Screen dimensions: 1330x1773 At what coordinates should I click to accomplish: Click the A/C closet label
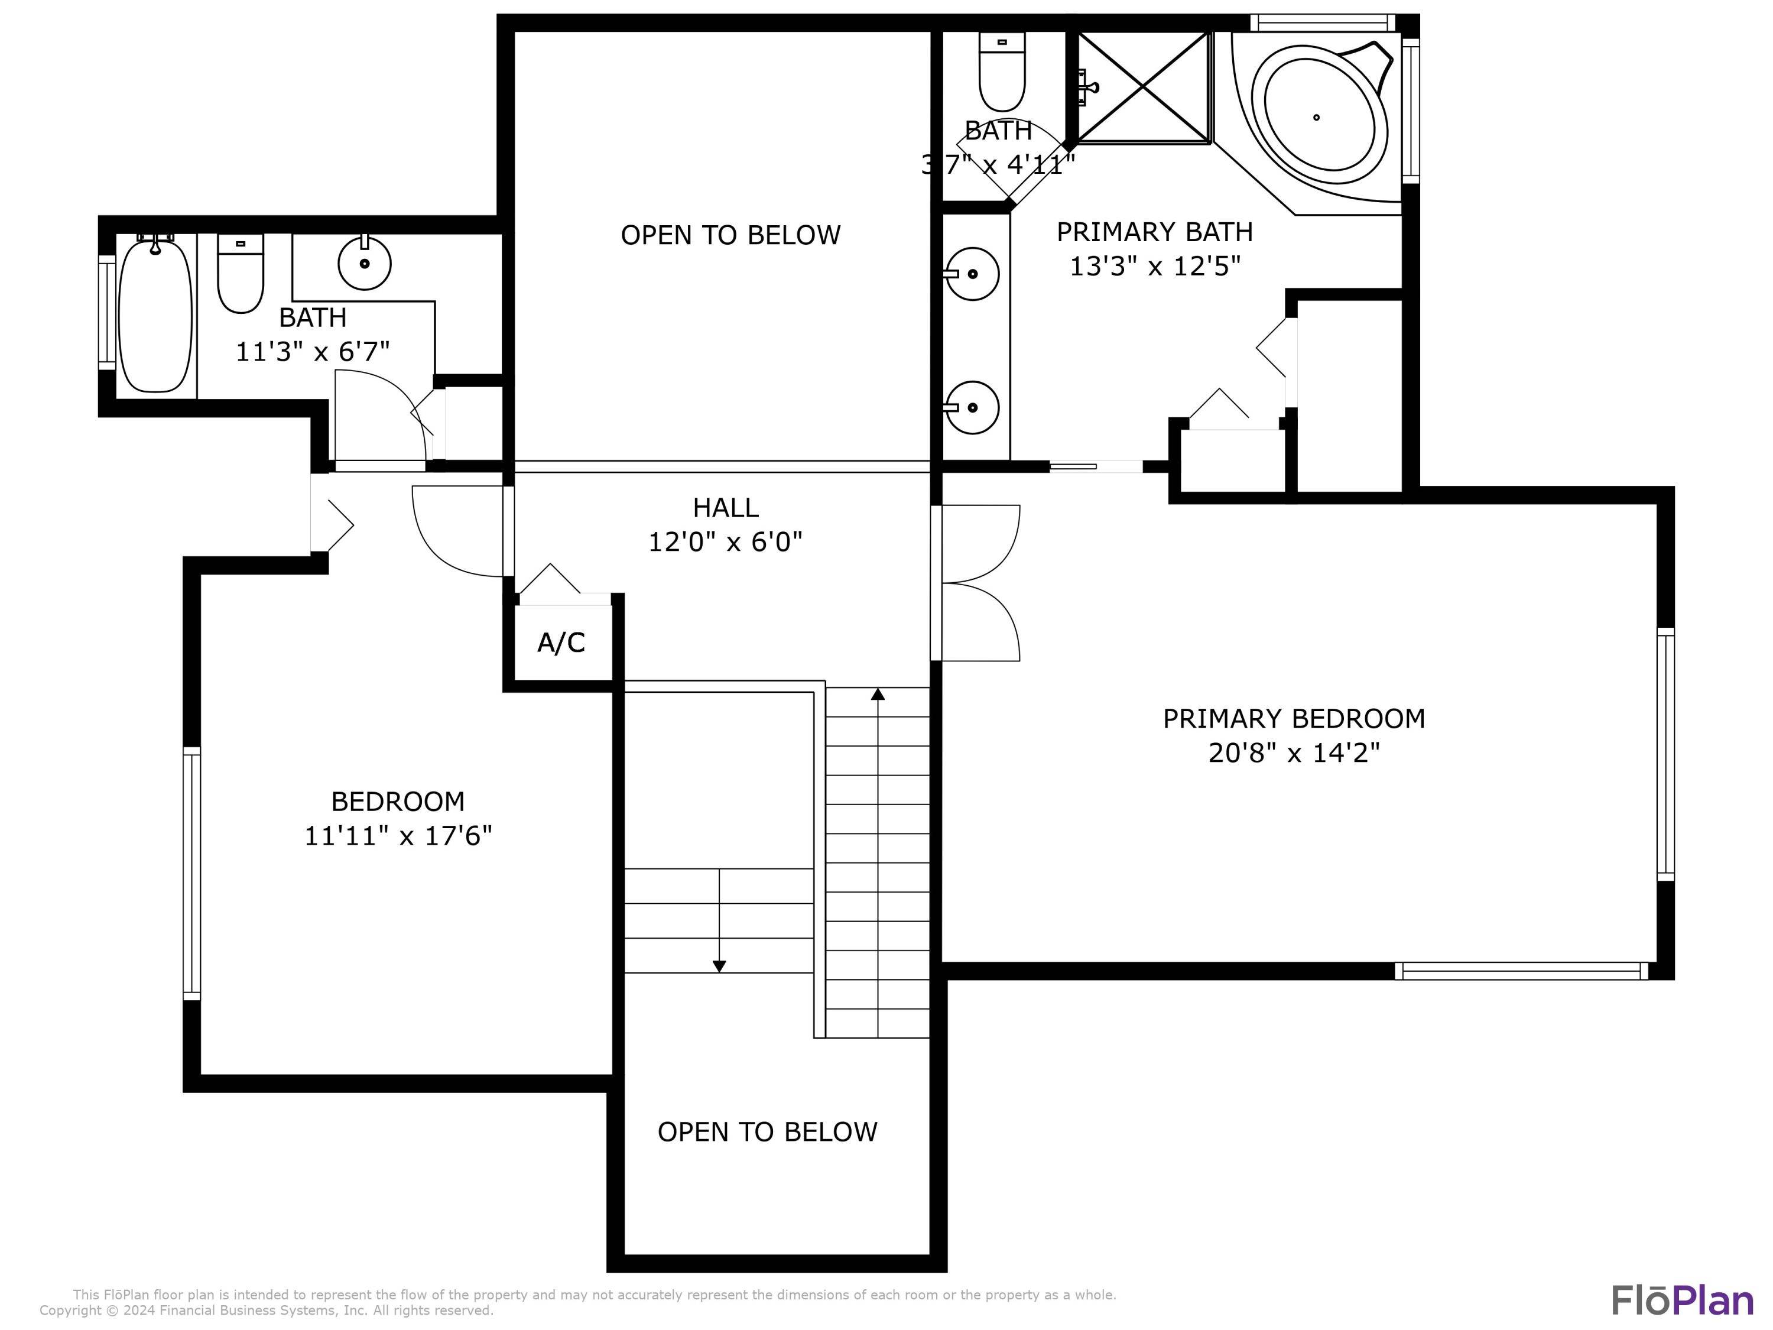(x=561, y=642)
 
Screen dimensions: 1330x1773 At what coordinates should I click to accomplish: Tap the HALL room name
(x=725, y=507)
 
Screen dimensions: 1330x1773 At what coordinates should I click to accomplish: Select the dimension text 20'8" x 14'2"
(x=1294, y=753)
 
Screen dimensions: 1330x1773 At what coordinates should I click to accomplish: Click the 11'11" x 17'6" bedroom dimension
(x=398, y=836)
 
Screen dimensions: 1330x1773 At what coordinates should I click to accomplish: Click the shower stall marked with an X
(x=1143, y=87)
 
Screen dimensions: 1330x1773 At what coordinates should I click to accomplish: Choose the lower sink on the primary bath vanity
(x=972, y=407)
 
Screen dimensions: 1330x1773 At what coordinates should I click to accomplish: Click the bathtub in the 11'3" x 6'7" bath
(x=155, y=315)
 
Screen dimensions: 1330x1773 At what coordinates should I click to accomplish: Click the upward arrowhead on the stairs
(x=878, y=695)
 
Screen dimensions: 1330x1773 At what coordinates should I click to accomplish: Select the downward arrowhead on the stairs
(x=719, y=966)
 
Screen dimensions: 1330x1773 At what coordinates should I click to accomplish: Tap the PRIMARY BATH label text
(x=1154, y=232)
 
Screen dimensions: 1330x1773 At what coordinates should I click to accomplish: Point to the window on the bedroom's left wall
(x=191, y=873)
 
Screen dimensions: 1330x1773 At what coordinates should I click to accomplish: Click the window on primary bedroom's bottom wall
(x=1521, y=971)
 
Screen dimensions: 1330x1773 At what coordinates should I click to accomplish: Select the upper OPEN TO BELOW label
(x=730, y=235)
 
